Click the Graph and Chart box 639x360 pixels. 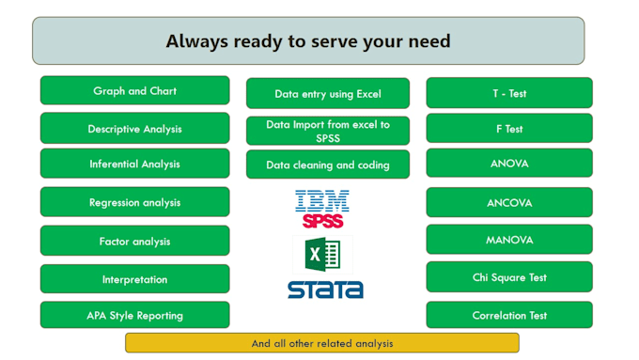click(134, 91)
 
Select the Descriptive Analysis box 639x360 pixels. click(134, 128)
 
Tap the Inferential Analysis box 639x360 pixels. click(134, 164)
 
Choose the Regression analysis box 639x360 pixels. click(134, 202)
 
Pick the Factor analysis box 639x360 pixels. click(134, 241)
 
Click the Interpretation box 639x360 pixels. click(134, 279)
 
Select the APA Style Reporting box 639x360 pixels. click(134, 315)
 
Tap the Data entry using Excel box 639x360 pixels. click(327, 94)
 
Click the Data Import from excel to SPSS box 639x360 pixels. click(327, 131)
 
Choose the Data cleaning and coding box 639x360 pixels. click(327, 164)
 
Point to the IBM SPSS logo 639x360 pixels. click(322, 209)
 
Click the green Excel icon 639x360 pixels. click(321, 254)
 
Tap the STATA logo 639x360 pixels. click(325, 289)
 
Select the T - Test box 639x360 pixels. click(509, 93)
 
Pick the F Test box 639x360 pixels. click(509, 129)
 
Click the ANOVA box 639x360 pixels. click(509, 164)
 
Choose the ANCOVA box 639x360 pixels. click(509, 202)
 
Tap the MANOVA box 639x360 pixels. click(509, 240)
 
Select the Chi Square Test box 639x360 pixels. click(509, 277)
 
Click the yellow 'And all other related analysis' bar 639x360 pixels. click(322, 343)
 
